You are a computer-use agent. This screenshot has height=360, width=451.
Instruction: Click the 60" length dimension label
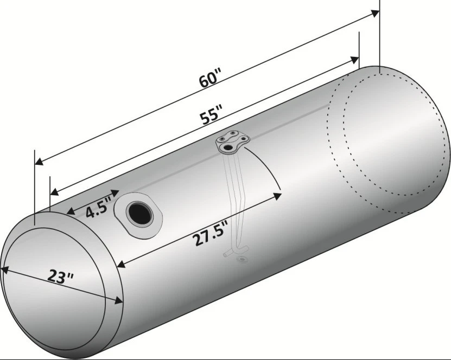click(209, 78)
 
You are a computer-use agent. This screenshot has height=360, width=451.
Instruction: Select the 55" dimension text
click(211, 114)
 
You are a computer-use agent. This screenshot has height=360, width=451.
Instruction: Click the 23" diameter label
click(60, 275)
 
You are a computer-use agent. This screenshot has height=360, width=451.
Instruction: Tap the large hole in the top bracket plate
click(228, 148)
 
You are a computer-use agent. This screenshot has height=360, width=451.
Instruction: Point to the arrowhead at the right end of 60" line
click(375, 13)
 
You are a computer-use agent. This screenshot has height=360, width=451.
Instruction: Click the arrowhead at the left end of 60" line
click(39, 162)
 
